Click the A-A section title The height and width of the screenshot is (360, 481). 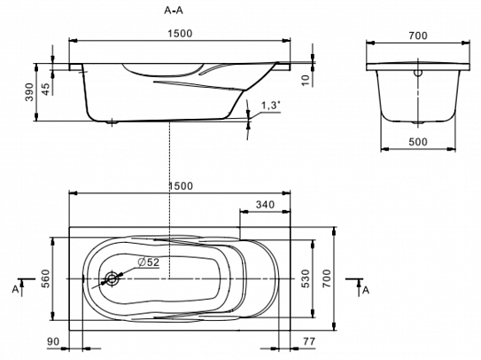(x=174, y=11)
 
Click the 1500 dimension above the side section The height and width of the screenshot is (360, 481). (x=180, y=33)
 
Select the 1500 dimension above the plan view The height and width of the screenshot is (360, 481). (x=181, y=186)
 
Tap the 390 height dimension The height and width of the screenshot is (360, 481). (x=29, y=92)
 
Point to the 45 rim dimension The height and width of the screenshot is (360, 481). (x=45, y=89)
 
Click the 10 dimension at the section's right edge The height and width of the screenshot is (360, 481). (x=306, y=80)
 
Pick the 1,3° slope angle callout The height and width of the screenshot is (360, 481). (x=270, y=106)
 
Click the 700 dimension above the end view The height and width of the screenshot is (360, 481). (x=418, y=35)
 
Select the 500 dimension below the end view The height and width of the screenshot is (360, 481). (x=418, y=142)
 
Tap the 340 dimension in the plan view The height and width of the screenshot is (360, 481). (x=265, y=204)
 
